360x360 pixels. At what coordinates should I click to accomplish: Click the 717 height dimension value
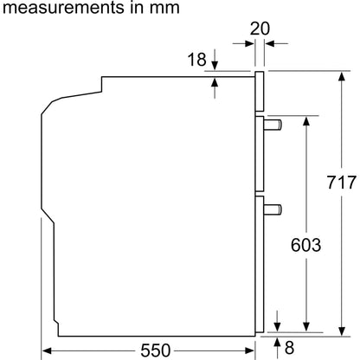(x=342, y=183)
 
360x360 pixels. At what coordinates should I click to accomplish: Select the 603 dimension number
(x=305, y=245)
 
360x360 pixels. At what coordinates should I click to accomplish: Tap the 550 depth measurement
(x=156, y=350)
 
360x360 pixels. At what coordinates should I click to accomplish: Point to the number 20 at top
(x=260, y=29)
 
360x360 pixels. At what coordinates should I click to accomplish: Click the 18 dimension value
(x=197, y=60)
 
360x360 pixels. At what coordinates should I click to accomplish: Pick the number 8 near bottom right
(x=289, y=347)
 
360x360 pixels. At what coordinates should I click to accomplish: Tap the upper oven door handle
(x=273, y=125)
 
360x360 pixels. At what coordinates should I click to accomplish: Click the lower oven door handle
(x=273, y=209)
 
